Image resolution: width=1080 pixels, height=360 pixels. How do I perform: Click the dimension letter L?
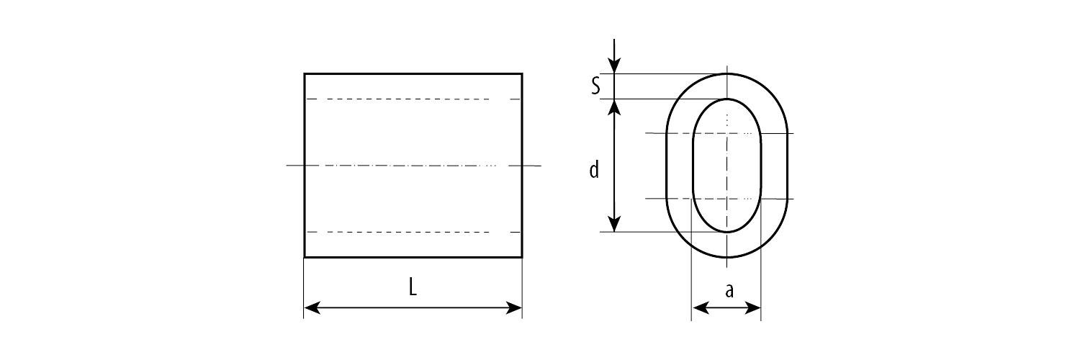click(x=413, y=288)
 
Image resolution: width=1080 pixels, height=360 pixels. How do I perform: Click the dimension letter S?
click(x=596, y=86)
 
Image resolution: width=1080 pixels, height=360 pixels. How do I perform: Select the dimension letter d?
click(x=594, y=170)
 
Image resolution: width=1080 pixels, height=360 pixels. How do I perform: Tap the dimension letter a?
click(x=729, y=291)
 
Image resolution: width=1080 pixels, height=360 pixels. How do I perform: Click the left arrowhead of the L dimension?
click(x=312, y=307)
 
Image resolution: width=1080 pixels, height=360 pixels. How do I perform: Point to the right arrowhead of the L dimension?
click(x=514, y=307)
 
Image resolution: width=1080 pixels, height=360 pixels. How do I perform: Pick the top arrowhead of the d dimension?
click(x=613, y=107)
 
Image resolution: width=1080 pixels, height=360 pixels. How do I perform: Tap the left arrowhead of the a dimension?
click(x=700, y=307)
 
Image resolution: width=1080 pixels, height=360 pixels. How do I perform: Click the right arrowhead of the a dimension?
click(x=752, y=307)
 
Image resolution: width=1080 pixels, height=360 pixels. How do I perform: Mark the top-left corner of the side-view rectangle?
click(x=305, y=73)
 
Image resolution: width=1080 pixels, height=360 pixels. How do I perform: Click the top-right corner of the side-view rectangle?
click(x=522, y=73)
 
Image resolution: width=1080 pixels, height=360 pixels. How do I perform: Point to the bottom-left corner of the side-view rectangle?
click(x=305, y=257)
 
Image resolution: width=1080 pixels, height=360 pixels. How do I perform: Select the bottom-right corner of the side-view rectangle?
click(x=522, y=257)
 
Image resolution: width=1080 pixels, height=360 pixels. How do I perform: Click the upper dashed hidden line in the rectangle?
click(x=413, y=99)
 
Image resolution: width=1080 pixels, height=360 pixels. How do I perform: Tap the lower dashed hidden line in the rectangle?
click(x=413, y=232)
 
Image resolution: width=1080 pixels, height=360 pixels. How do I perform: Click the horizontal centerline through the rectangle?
click(x=413, y=166)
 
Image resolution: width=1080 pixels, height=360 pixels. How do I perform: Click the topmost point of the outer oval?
click(x=727, y=73)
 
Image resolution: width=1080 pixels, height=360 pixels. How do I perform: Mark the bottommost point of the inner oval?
click(x=727, y=232)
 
